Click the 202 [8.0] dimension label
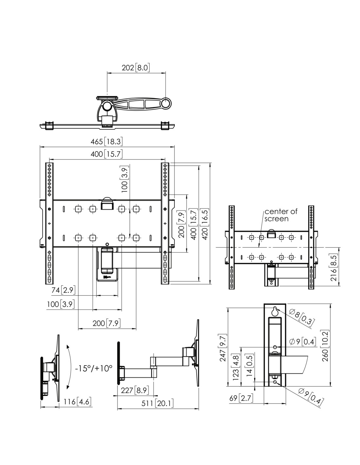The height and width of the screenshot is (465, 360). pos(135,68)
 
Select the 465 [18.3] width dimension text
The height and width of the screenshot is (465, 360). pos(107,142)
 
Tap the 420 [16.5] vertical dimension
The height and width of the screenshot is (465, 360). pos(205,224)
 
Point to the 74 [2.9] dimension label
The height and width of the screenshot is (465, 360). pos(63,290)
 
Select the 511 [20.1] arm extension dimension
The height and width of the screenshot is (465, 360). pos(157,403)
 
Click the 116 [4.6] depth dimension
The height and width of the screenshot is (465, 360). pos(78,402)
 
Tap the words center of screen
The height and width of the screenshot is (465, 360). pos(281,215)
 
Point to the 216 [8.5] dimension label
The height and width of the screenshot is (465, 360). pos(334,267)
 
